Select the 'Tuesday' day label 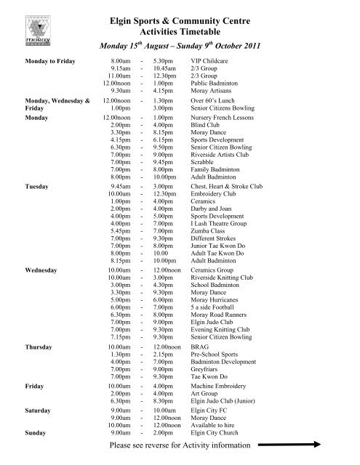point(37,187)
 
